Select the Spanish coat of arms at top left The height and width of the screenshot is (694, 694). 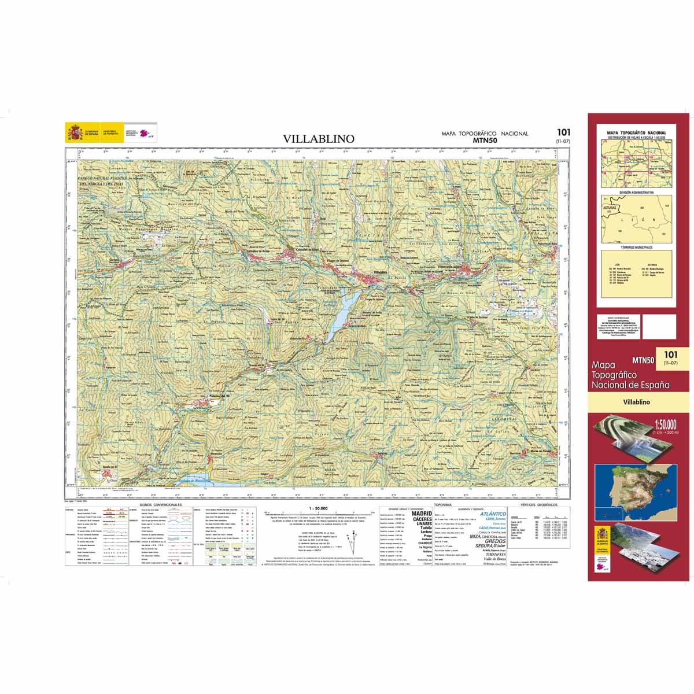[75, 133]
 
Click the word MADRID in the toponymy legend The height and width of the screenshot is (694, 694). [421, 514]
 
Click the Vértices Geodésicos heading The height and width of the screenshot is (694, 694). [537, 505]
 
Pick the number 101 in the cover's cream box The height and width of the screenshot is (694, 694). [670, 354]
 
